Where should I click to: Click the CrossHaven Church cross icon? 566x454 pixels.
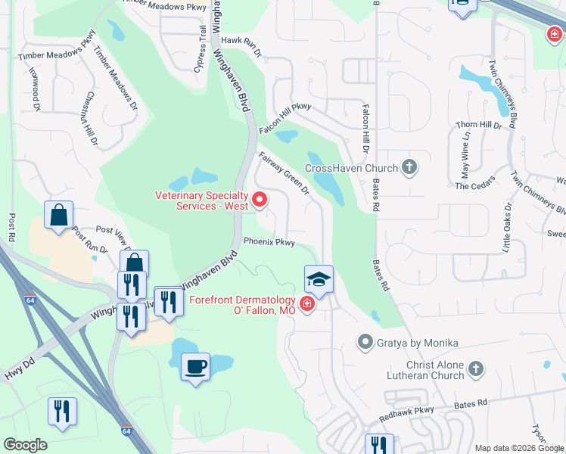(409, 167)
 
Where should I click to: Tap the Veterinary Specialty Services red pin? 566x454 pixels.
(260, 200)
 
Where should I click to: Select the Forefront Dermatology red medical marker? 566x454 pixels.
(306, 304)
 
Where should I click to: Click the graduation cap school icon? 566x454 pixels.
(319, 279)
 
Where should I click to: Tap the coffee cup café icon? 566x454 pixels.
(196, 367)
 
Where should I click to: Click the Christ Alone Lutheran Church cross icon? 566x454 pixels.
(475, 368)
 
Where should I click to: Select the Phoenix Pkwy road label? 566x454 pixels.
(269, 242)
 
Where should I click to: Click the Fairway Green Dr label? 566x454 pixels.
(284, 174)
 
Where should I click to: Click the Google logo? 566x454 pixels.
(25, 445)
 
